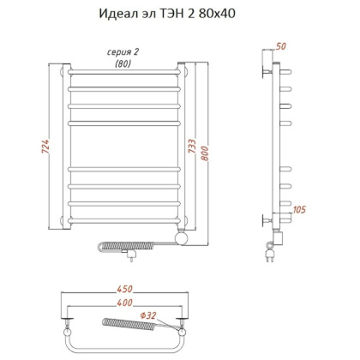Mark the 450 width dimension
(x=124, y=290)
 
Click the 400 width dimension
(x=124, y=304)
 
